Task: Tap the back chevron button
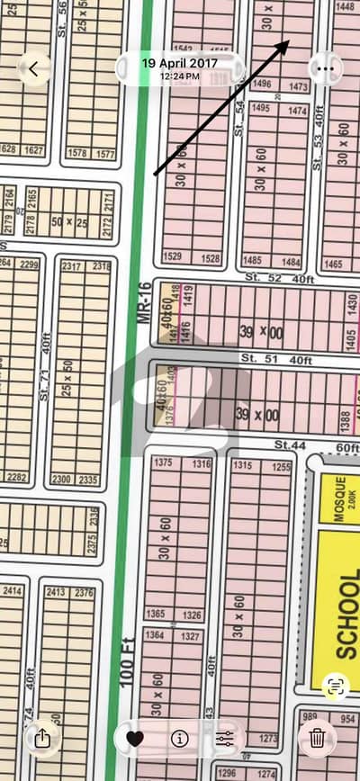(34, 68)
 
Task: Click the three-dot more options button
(325, 68)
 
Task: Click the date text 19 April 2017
(179, 63)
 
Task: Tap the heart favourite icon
(135, 739)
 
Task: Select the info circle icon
(179, 739)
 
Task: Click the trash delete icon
(317, 739)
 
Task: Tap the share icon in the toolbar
(42, 739)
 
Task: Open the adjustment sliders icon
(224, 739)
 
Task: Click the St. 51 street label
(256, 360)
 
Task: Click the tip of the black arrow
(288, 40)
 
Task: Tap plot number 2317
(72, 266)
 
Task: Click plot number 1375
(164, 462)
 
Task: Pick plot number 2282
(16, 477)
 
